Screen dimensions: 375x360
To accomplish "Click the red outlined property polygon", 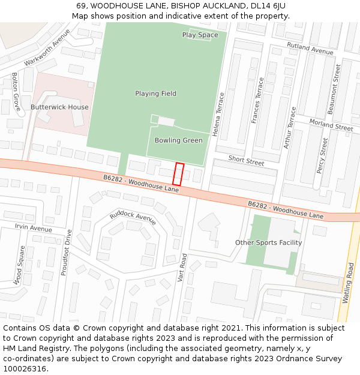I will pos(178,174).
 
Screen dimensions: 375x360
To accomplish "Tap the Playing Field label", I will pos(155,94).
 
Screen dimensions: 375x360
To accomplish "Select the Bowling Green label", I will pos(178,140).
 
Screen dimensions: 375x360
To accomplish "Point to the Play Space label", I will pos(200,35).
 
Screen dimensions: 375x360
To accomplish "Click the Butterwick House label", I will pos(59,107).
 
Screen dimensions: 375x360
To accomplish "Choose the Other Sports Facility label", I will pos(268,243).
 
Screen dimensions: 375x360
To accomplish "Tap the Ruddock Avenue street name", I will pos(133,218).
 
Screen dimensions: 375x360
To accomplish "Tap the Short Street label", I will pos(246,161).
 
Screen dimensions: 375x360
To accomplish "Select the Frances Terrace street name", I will pos(257,101).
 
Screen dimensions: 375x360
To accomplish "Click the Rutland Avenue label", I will pos(310,49).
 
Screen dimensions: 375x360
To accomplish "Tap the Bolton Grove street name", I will pos(15,92).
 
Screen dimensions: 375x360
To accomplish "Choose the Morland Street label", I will pos(331,125).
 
